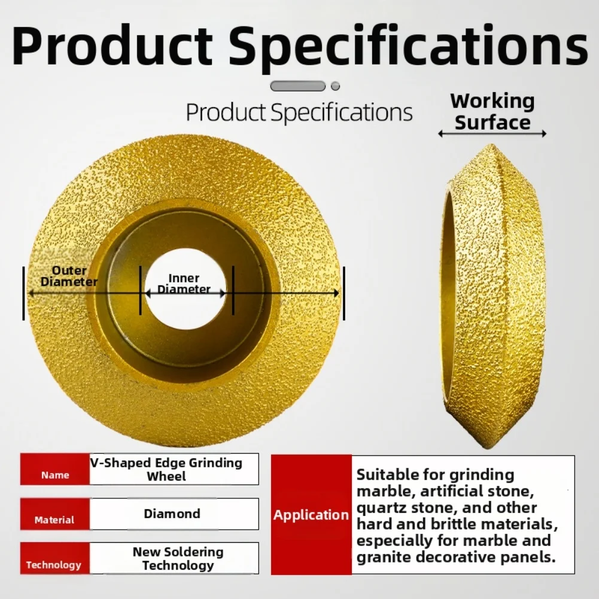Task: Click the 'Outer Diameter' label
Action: click(x=69, y=276)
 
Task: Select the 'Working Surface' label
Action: click(x=492, y=112)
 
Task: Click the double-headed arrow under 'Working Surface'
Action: click(x=492, y=134)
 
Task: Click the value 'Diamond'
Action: click(x=172, y=513)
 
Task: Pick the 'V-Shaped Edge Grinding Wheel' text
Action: click(x=166, y=469)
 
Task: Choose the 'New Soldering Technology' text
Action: click(x=178, y=558)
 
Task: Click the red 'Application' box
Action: click(x=311, y=515)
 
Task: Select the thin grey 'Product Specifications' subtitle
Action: click(x=299, y=112)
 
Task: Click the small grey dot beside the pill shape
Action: click(x=335, y=86)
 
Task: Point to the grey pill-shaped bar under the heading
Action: click(x=298, y=86)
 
